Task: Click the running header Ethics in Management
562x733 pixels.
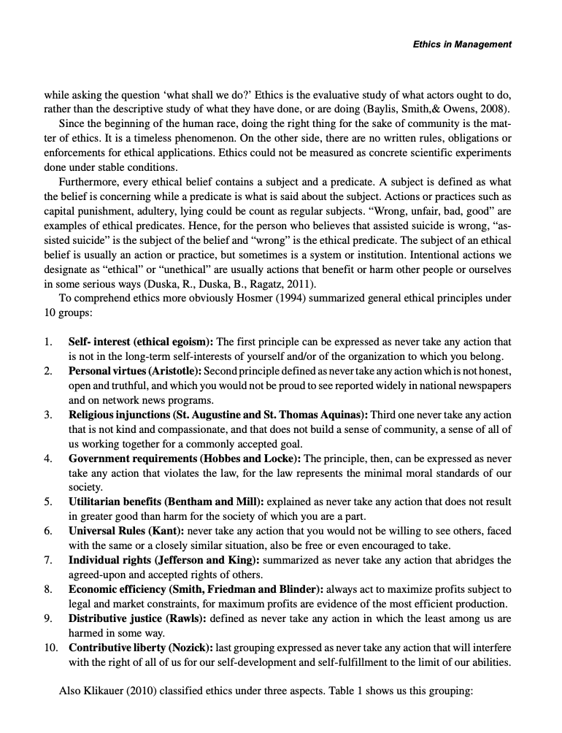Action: click(462, 45)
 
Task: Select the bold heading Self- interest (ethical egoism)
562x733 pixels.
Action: click(141, 342)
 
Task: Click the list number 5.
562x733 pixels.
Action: click(47, 502)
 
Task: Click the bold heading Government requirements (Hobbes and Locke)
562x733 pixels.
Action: click(185, 458)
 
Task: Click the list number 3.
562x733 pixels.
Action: click(47, 415)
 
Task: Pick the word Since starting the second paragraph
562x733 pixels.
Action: click(72, 123)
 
